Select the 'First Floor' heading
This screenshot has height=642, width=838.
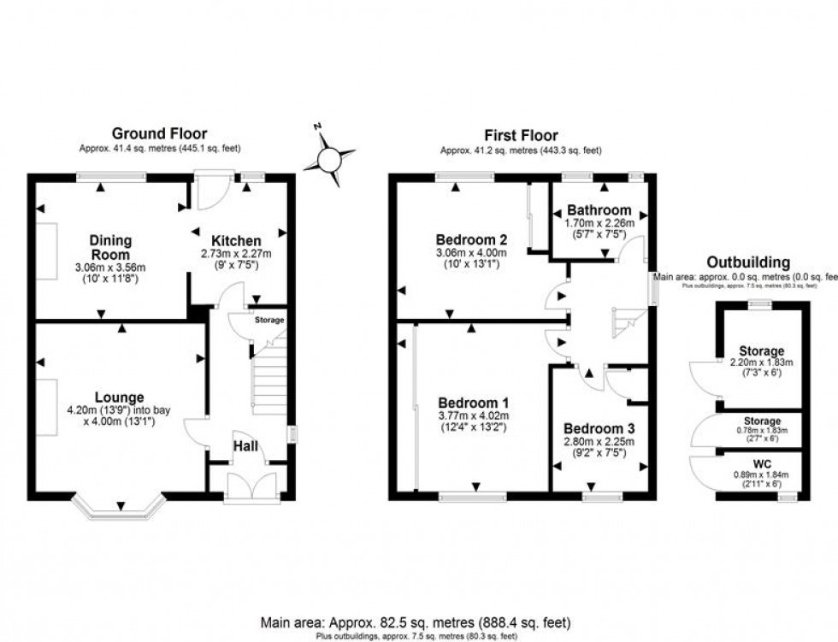point(521,135)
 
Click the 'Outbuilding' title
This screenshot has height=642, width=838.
point(748,262)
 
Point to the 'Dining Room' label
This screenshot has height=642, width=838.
point(110,248)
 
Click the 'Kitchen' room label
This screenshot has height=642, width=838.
point(237,241)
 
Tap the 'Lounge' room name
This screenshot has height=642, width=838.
point(119,397)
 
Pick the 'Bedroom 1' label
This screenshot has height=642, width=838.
point(473,403)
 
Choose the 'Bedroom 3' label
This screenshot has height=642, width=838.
point(598,429)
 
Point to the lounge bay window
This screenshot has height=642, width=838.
point(117,509)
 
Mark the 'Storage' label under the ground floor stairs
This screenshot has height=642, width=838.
point(269,320)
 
